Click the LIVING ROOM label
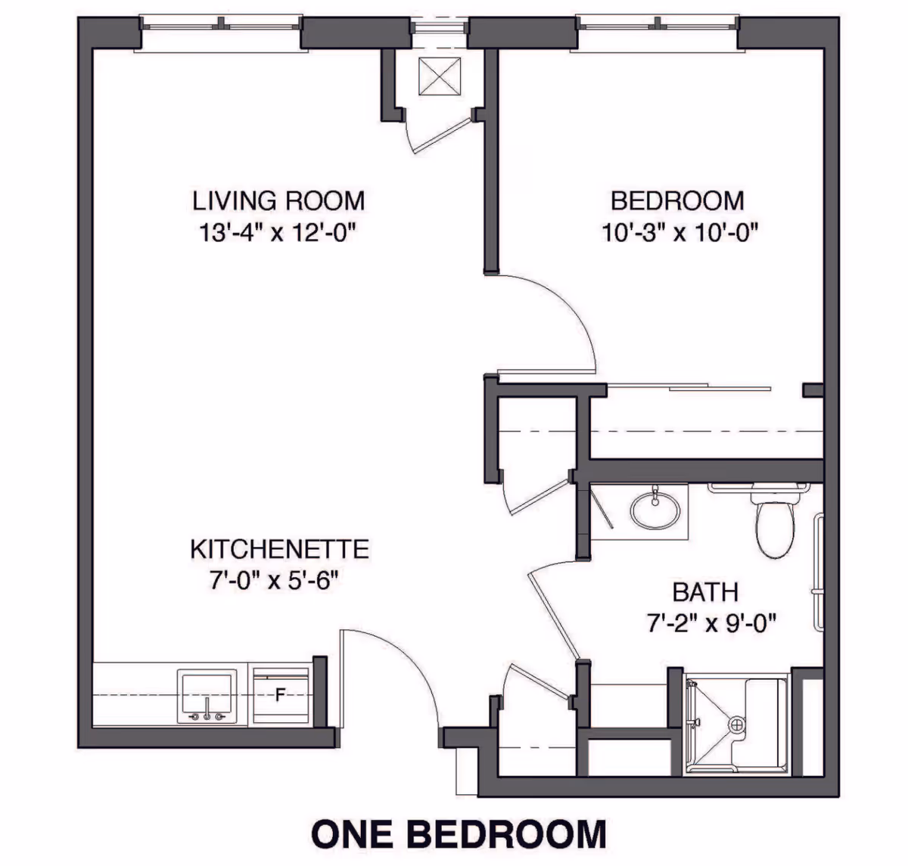pos(278,201)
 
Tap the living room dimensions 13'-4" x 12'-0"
pos(278,232)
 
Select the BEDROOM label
pos(677,201)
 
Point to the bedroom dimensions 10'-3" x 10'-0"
pos(679,232)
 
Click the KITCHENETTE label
pos(279,548)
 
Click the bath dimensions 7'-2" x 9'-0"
pos(712,623)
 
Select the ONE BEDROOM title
pos(459,833)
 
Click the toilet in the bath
pos(774,522)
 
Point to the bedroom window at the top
pos(658,27)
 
